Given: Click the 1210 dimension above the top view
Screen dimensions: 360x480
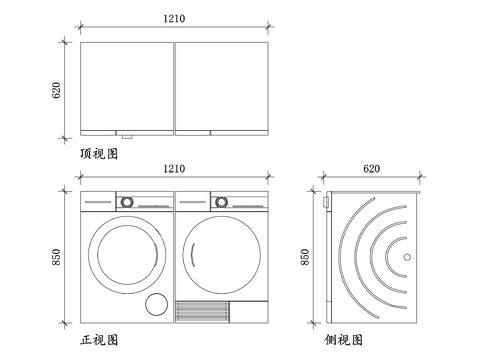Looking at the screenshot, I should [173, 18].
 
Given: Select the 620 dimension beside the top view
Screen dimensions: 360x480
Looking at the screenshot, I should [57, 89].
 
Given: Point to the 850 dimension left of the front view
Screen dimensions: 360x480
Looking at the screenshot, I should [57, 257].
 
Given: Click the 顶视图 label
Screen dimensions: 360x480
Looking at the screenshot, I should [99, 154].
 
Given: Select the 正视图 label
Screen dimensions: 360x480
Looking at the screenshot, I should [99, 341].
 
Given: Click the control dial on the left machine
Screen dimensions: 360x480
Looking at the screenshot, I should [127, 201].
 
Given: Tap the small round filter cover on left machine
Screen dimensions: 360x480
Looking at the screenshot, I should [155, 305].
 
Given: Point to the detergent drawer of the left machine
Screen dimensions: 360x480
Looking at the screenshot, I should [98, 201].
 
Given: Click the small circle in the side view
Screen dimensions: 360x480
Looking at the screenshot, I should [406, 257].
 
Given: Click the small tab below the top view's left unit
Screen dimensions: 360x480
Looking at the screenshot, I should [125, 135].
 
